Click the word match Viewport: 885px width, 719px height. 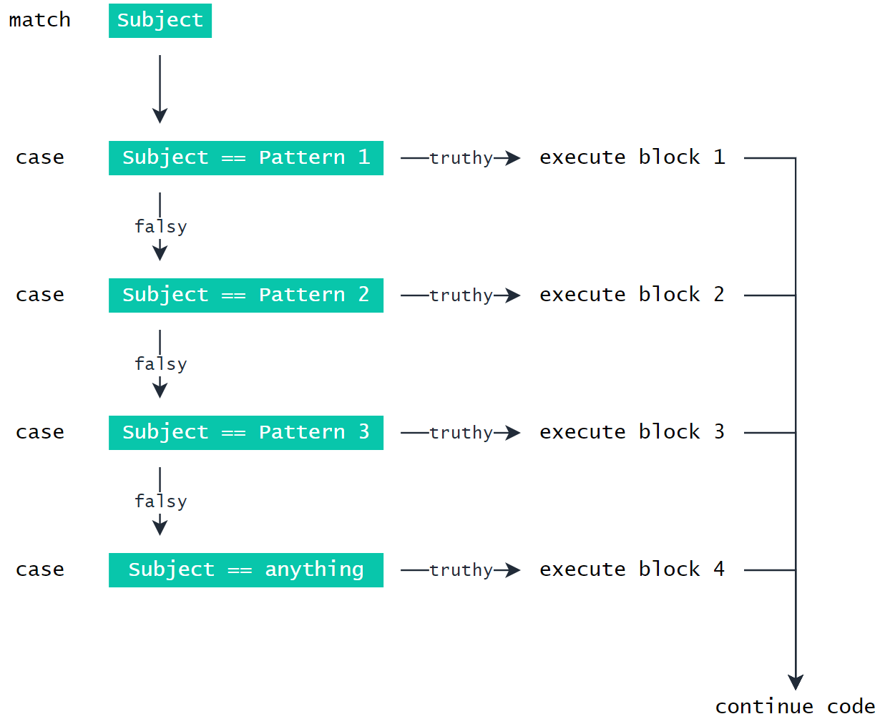tap(39, 20)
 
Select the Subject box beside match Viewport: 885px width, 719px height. tap(160, 20)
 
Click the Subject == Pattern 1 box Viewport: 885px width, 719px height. tap(245, 157)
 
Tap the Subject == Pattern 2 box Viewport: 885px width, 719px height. tap(245, 295)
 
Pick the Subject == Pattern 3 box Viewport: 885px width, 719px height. tap(245, 432)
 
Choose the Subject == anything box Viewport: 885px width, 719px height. tap(245, 569)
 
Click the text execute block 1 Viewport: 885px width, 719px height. tap(632, 157)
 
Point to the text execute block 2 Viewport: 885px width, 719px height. tap(632, 295)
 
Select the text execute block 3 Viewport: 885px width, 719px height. tap(632, 432)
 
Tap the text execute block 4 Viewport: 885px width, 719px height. tap(632, 569)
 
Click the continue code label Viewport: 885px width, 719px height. tap(795, 707)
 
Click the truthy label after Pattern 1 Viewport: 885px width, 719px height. tap(461, 158)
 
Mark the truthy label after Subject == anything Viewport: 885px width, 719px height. tap(461, 570)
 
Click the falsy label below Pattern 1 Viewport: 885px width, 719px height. tap(160, 227)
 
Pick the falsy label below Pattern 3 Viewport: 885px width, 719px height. tap(160, 502)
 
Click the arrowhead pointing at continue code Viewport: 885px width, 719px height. tap(796, 681)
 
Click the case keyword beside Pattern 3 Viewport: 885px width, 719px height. tap(40, 432)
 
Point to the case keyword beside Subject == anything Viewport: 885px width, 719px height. tap(40, 569)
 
